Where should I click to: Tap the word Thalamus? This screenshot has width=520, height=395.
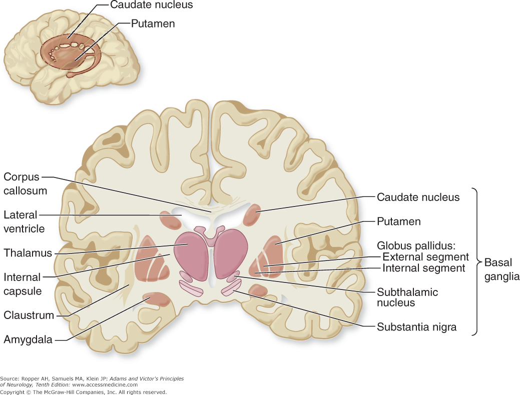28,253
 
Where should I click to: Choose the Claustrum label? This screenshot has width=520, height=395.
29,315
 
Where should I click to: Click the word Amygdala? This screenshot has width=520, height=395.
28,340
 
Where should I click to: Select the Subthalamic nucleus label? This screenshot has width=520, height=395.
407,297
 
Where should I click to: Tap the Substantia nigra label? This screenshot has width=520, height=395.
416,328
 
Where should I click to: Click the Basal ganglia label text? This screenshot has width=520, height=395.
501,269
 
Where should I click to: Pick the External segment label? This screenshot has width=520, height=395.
425,257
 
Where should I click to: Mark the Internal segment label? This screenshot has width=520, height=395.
423,268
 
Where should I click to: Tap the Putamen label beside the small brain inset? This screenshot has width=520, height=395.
153,23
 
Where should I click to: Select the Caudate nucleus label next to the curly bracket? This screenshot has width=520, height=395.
418,197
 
